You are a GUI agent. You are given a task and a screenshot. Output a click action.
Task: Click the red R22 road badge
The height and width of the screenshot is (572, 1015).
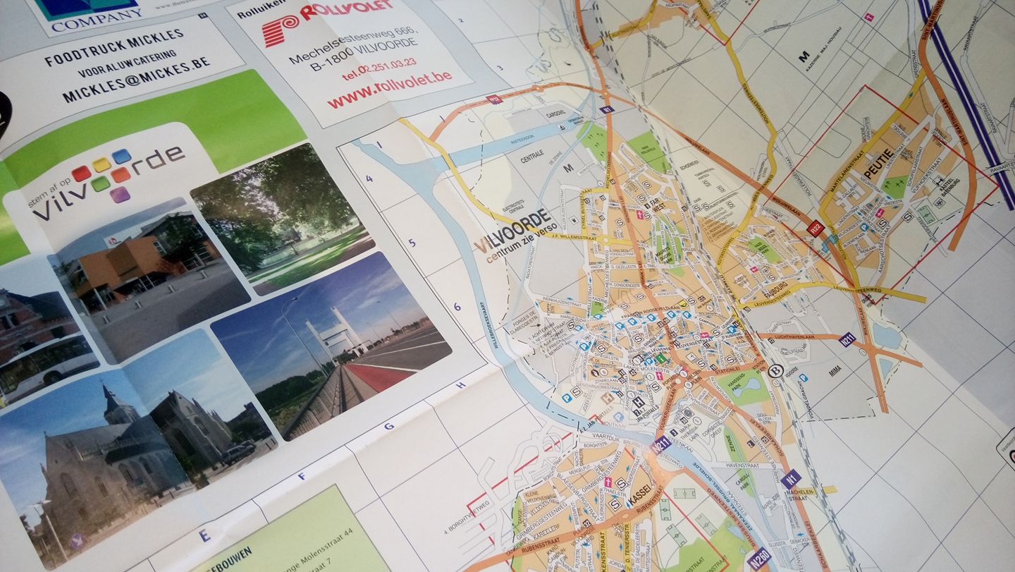pyautogui.click(x=816, y=228)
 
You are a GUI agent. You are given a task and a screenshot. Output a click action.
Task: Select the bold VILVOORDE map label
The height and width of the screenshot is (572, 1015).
pyautogui.click(x=512, y=230)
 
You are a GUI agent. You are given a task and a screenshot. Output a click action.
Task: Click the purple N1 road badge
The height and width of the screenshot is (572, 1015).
pyautogui.click(x=790, y=478)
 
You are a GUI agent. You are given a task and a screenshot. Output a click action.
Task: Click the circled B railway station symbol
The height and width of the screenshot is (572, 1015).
pyautogui.click(x=776, y=371)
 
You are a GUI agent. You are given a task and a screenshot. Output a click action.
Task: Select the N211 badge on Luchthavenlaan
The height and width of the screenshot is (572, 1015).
pyautogui.click(x=847, y=339)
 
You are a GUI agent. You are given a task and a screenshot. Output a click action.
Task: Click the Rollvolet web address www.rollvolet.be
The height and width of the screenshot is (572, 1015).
pyautogui.click(x=389, y=87)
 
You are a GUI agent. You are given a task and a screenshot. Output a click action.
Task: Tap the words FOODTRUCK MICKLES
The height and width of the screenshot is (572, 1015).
pyautogui.click(x=114, y=47)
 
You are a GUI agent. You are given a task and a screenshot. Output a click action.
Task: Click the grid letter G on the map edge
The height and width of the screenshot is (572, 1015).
pyautogui.click(x=389, y=426)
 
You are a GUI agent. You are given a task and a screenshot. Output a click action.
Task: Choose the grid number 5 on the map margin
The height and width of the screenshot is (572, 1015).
pyautogui.click(x=412, y=243)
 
